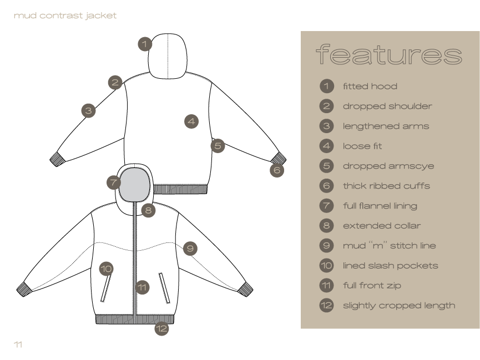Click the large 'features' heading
click(x=389, y=55)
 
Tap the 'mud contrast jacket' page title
click(x=65, y=16)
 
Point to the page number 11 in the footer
click(x=18, y=344)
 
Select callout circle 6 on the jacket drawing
click(x=277, y=170)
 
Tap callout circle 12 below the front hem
click(x=161, y=328)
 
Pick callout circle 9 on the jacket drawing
click(x=190, y=249)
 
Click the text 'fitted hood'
click(x=370, y=87)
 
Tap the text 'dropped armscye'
click(x=388, y=166)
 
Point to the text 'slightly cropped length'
click(x=399, y=306)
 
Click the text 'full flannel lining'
click(x=380, y=206)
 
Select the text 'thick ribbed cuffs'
click(x=386, y=186)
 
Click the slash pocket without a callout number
click(x=164, y=287)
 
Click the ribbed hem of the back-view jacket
click(x=180, y=189)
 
